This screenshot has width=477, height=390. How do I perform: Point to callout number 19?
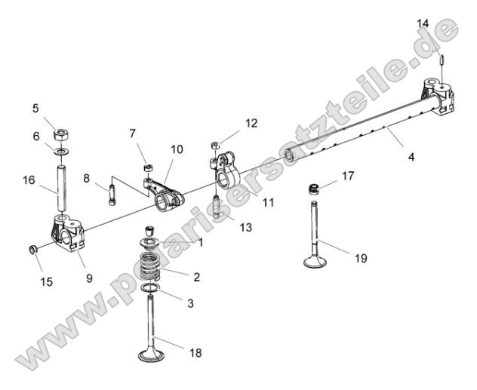tap(361, 258)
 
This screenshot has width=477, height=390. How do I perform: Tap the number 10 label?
tap(176, 149)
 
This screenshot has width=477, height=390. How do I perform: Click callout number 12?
tap(251, 122)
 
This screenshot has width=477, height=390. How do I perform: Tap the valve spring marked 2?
tap(153, 267)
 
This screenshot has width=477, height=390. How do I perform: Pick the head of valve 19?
tap(315, 263)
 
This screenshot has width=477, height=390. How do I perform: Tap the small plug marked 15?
tap(34, 248)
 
